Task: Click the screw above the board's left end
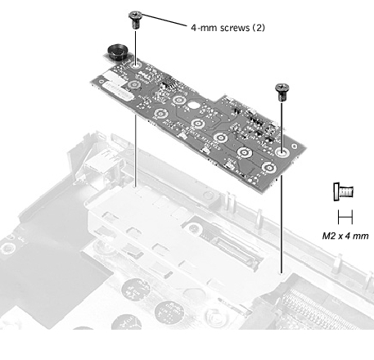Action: coord(135,20)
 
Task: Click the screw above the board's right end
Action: coord(282,92)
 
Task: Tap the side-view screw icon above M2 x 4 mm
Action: coord(344,191)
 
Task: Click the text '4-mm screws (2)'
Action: coord(228,28)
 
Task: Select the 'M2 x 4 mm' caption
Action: coord(345,236)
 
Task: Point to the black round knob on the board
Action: coord(117,52)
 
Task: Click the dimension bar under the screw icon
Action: coord(345,217)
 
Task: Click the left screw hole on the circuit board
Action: coord(135,65)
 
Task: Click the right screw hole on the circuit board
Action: coord(282,152)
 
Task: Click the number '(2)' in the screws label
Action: coord(258,28)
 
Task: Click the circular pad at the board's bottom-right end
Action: coord(269,168)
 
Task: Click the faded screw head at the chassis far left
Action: coord(6,249)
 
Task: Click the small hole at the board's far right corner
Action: coord(295,146)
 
